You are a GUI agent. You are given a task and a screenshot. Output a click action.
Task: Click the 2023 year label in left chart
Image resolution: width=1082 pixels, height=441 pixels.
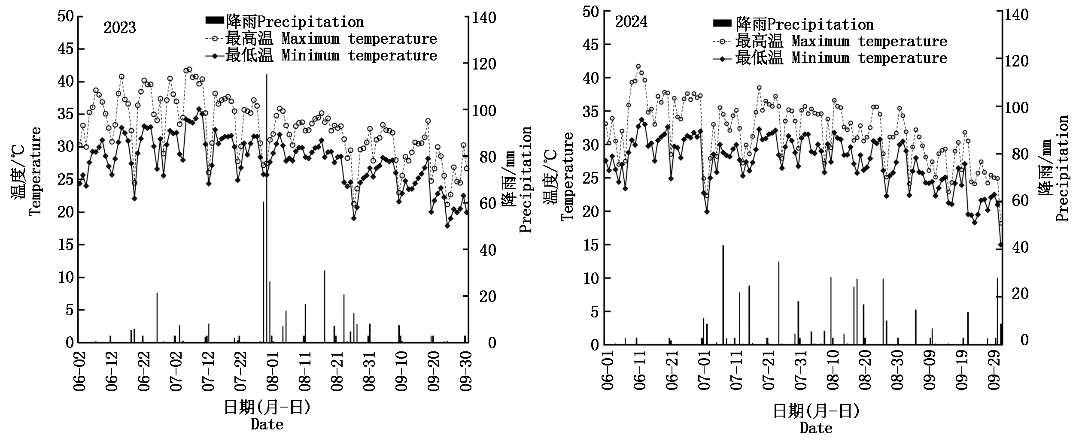coord(119,28)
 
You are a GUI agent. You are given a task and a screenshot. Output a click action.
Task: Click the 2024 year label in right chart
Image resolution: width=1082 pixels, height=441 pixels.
coord(631,22)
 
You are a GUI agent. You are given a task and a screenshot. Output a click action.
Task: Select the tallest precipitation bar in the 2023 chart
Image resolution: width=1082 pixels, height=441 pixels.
coord(266,208)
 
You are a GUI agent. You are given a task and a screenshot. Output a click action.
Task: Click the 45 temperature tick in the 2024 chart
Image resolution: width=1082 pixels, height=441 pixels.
coord(590,44)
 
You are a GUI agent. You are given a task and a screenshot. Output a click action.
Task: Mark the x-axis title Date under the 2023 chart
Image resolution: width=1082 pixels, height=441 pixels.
coord(267,425)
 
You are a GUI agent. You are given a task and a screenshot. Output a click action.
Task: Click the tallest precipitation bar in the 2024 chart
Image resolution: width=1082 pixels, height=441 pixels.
coord(723,295)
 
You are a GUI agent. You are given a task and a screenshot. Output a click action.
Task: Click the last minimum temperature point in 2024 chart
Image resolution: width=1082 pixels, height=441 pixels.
coord(1000,245)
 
